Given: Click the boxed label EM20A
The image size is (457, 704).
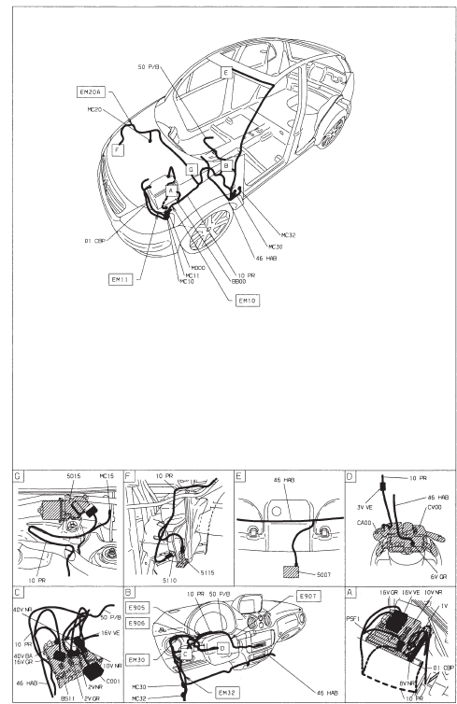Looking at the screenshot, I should coord(92,92).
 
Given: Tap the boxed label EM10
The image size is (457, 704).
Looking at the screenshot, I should coord(248,301).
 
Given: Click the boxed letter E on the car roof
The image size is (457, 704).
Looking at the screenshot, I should coord(225,71).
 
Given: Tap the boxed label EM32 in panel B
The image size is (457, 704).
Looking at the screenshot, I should coord(228,692).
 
